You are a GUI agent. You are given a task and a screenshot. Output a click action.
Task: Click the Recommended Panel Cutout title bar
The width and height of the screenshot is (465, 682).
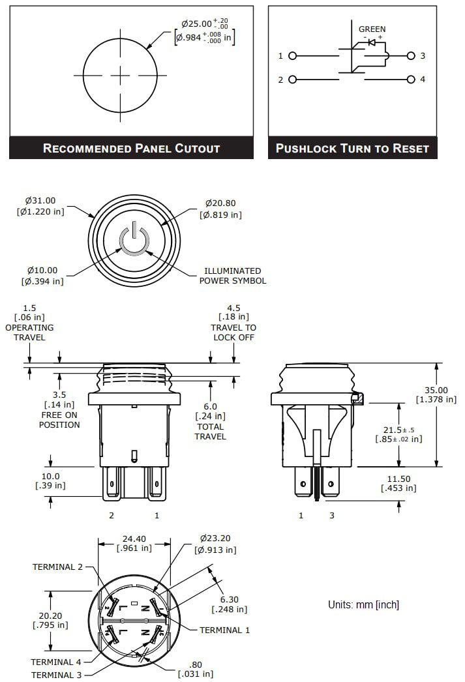pyautogui.click(x=131, y=148)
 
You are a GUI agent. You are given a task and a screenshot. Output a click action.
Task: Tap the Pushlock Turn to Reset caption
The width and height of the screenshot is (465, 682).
pyautogui.click(x=352, y=148)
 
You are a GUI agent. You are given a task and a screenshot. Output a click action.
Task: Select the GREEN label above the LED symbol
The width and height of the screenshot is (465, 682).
pyautogui.click(x=372, y=29)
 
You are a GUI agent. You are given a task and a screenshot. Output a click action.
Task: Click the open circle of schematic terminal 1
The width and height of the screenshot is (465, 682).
pyautogui.click(x=292, y=56)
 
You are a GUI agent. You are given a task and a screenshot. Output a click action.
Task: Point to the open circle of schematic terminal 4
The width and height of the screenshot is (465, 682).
pyautogui.click(x=410, y=80)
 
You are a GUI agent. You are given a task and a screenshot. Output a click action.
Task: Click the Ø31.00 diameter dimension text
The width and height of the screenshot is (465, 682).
pyautogui.click(x=40, y=206)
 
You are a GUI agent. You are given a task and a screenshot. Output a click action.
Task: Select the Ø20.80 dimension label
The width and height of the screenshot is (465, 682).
pyautogui.click(x=222, y=209)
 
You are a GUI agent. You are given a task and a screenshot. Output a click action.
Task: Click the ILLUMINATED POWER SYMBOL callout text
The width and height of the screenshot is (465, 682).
pyautogui.click(x=232, y=276)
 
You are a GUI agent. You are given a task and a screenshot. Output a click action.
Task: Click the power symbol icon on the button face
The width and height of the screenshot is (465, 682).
pyautogui.click(x=134, y=241)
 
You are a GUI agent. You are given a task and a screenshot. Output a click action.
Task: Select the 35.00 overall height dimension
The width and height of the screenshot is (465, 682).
pyautogui.click(x=436, y=394)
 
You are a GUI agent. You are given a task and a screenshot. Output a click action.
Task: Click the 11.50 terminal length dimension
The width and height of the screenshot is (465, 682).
pyautogui.click(x=400, y=483)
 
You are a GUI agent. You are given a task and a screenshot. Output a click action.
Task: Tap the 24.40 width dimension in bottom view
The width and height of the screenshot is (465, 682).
pyautogui.click(x=134, y=544)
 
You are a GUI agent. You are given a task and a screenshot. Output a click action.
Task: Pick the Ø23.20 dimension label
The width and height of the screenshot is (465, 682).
pyautogui.click(x=215, y=544)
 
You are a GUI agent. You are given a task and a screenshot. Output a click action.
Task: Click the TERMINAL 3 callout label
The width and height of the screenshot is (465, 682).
pyautogui.click(x=57, y=675)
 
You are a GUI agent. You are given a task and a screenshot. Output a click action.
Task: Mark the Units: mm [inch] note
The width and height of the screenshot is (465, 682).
pyautogui.click(x=363, y=605)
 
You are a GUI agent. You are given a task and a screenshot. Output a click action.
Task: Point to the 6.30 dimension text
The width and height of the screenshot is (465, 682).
pyautogui.click(x=229, y=604)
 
